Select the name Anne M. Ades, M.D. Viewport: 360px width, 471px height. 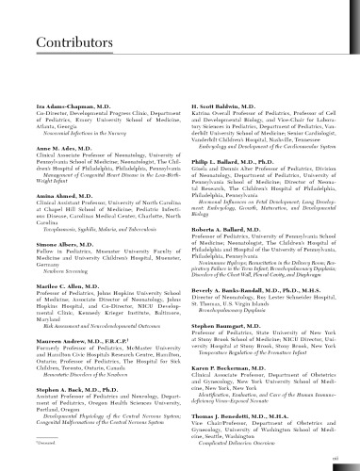click(x=52, y=123)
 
